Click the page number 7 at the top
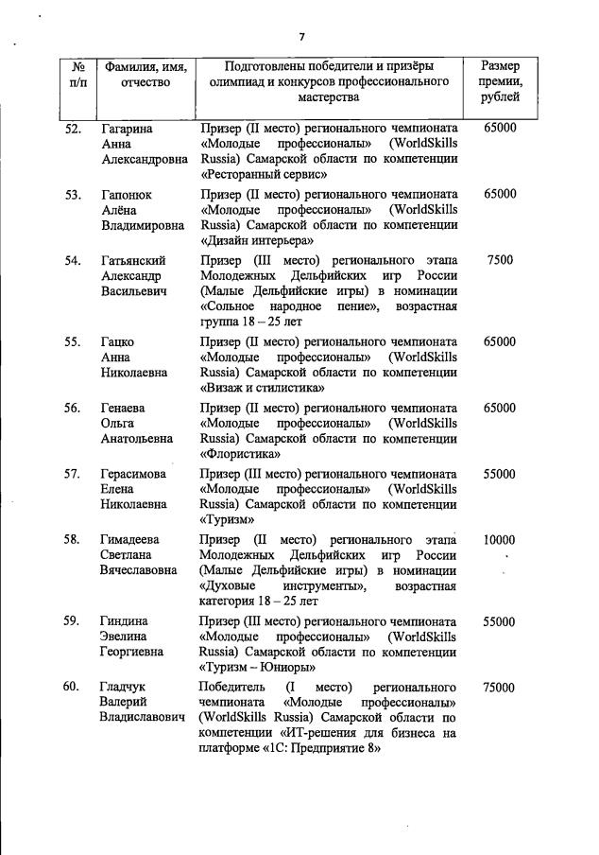click(301, 37)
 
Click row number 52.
click(72, 127)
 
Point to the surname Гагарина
click(128, 127)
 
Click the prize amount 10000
click(499, 539)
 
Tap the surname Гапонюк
click(127, 194)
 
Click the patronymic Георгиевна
click(131, 653)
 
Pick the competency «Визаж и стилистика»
click(265, 387)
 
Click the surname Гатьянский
click(133, 260)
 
